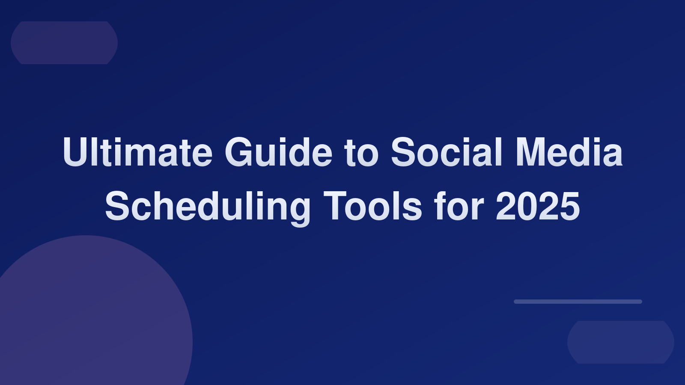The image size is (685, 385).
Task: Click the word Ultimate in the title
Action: (137, 153)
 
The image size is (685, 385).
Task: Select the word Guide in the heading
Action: (278, 153)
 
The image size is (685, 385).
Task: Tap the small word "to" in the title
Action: (361, 153)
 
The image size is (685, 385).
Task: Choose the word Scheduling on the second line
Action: (207, 207)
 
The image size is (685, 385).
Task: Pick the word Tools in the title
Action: (372, 207)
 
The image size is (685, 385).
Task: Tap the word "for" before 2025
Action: (459, 207)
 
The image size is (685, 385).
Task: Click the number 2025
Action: (538, 207)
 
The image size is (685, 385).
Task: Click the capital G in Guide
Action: (238, 153)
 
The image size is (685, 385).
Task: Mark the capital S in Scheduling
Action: (117, 207)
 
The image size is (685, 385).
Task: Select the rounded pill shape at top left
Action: (64, 43)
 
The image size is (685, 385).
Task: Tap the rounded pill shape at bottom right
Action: (621, 342)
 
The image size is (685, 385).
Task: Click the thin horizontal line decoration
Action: (578, 302)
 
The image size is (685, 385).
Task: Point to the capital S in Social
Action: (403, 153)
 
